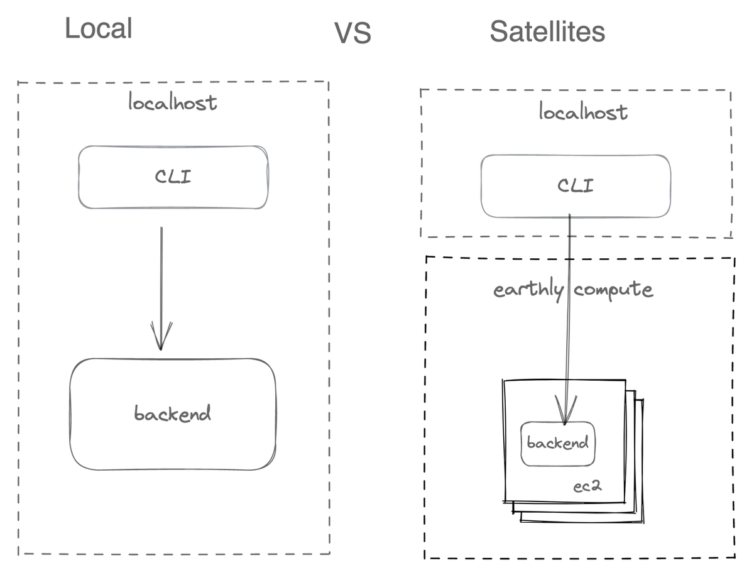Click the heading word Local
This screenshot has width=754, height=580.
99,29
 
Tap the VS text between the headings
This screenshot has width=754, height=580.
352,33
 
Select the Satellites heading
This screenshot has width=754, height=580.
547,31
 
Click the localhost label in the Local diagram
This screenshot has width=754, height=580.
173,102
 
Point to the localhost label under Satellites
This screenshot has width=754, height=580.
583,112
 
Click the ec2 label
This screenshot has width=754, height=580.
587,488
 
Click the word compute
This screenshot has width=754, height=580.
613,290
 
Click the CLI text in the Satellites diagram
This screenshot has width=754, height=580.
576,186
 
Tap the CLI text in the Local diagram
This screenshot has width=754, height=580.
173,177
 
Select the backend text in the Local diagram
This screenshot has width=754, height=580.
173,413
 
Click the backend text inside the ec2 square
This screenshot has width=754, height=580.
557,443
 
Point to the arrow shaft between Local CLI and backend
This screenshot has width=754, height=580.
161,276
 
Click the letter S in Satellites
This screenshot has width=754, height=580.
498,31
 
